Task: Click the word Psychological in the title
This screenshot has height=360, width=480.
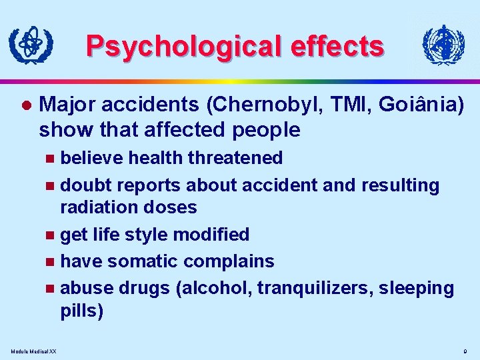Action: (x=169, y=47)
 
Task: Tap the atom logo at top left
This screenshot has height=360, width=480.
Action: (x=29, y=46)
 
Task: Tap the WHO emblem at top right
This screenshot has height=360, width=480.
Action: (x=443, y=45)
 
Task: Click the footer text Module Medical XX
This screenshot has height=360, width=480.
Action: (x=34, y=351)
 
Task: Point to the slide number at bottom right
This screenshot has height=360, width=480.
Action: (x=465, y=351)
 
